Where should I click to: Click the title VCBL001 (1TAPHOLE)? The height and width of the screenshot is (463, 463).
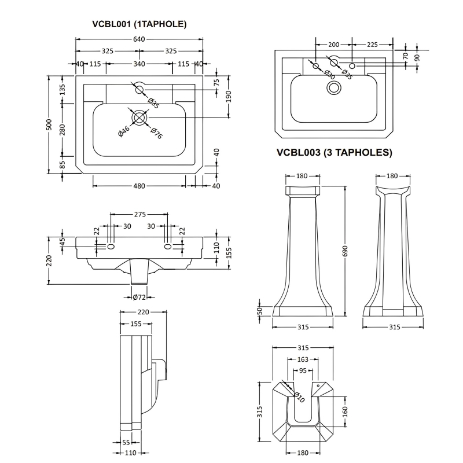[x=139, y=24]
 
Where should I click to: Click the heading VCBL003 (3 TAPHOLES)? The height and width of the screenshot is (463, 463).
[x=335, y=153]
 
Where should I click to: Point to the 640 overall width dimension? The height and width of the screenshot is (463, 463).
[x=139, y=39]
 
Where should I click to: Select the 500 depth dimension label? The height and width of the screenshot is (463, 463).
[x=50, y=124]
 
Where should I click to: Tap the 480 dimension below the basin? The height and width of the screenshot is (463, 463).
[x=139, y=186]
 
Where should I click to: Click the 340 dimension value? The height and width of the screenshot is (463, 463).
[x=139, y=64]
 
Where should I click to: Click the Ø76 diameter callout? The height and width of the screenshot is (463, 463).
[x=156, y=132]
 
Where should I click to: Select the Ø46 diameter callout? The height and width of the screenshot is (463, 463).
[x=123, y=131]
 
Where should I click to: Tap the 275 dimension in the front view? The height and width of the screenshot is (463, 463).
[x=139, y=214]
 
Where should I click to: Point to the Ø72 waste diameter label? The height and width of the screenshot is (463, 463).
[x=139, y=297]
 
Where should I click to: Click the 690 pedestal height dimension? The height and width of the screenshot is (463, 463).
[x=346, y=250]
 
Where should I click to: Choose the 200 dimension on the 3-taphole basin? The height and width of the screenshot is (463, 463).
[x=333, y=45]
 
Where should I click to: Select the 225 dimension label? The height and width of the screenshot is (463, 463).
[x=372, y=45]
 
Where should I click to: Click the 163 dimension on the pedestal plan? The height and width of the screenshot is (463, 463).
[x=303, y=360]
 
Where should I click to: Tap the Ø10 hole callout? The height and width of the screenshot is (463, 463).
[x=300, y=396]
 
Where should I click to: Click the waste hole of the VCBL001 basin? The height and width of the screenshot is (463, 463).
[x=139, y=117]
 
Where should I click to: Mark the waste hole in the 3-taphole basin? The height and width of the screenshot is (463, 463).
[x=334, y=87]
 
